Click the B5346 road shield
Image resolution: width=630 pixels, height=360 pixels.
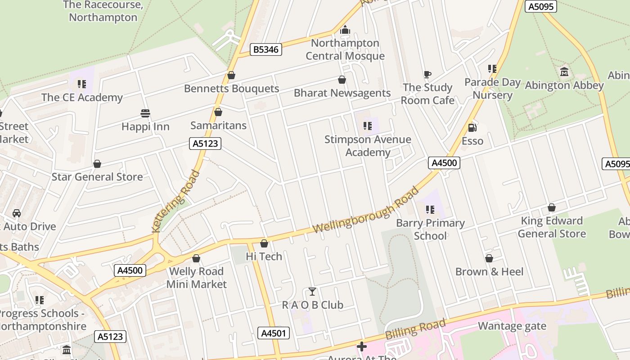coord(265,49)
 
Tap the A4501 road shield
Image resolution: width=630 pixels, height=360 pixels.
coord(273,333)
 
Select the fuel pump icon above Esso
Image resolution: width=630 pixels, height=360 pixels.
coord(472,128)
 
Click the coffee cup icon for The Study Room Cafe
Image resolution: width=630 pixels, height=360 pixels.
coord(427,75)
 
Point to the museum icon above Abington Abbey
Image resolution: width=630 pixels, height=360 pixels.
coord(564,72)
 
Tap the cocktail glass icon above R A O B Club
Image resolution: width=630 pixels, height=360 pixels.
coord(312,292)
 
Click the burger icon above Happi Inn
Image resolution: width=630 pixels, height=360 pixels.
coord(145,113)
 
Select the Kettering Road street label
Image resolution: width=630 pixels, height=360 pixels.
coord(175,201)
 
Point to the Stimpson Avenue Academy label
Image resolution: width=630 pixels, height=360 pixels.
coord(368,146)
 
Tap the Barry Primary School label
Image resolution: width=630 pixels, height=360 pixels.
coord(430,229)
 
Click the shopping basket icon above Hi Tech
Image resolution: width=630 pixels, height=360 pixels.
coord(264,243)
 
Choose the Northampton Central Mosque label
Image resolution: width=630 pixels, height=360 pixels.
coord(345,49)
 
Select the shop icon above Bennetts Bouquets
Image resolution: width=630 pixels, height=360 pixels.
coord(231,75)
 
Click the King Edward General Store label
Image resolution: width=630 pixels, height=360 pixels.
coord(552,227)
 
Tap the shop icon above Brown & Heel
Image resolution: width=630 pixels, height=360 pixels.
coord(489,258)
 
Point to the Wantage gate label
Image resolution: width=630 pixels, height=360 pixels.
coord(512,326)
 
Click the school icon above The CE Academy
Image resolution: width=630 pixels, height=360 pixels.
coord(81,84)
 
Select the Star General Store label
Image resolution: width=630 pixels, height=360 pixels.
coord(97,177)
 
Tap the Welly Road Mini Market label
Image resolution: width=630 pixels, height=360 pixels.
coord(196,278)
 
